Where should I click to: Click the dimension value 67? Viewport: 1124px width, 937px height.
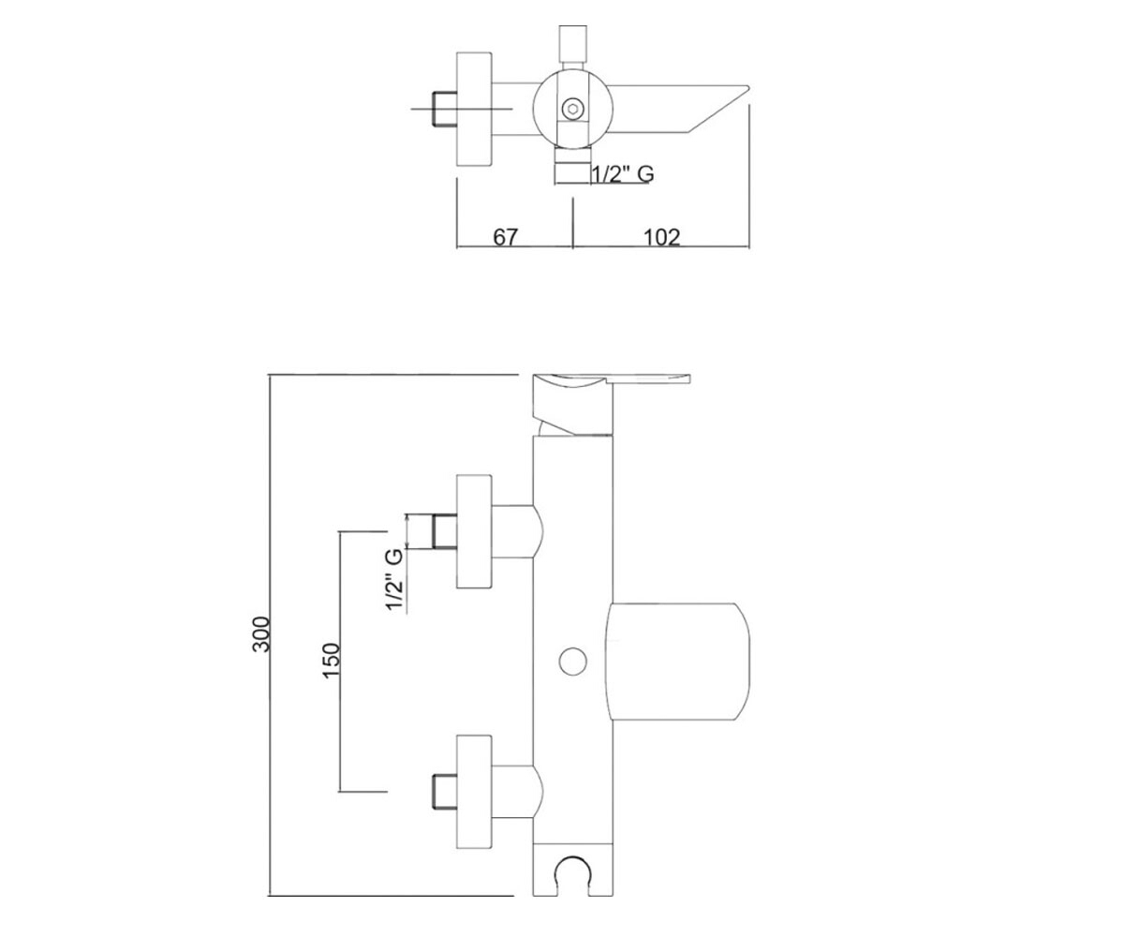[x=505, y=236]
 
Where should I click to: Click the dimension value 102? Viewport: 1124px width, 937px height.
[x=661, y=236]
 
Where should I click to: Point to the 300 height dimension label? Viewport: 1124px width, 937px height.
[x=261, y=634]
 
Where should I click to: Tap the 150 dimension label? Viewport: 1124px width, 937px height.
[x=331, y=661]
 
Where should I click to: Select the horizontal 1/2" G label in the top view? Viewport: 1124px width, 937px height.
[x=623, y=174]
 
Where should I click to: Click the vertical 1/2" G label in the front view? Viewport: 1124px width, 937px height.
[x=394, y=579]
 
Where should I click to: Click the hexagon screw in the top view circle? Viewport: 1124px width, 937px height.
[x=571, y=110]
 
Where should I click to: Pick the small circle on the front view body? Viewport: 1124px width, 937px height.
[x=572, y=662]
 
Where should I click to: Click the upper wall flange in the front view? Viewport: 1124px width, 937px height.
[x=474, y=531]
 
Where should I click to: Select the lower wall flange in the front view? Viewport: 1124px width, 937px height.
[x=474, y=792]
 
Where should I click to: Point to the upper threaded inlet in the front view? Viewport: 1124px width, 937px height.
[x=444, y=531]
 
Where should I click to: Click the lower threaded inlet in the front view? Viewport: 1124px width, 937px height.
[x=444, y=792]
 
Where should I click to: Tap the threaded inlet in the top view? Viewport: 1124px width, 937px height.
[x=444, y=110]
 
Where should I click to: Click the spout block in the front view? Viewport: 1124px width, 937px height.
[x=678, y=662]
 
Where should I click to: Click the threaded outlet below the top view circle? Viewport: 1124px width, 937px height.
[x=572, y=167]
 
